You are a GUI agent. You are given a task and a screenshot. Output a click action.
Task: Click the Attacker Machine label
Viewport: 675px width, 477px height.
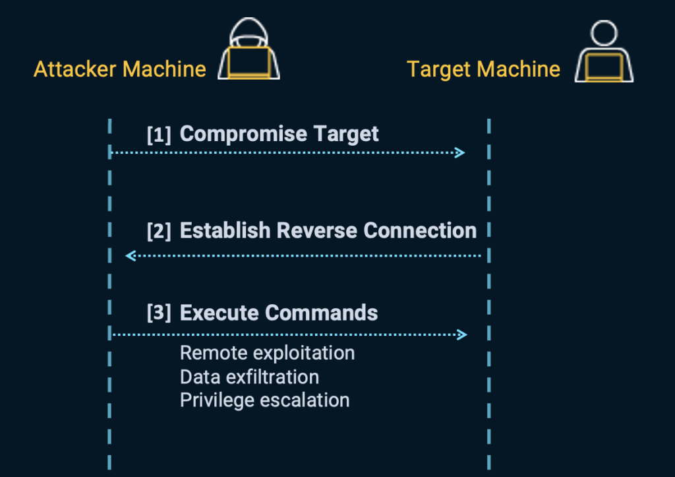[x=119, y=69]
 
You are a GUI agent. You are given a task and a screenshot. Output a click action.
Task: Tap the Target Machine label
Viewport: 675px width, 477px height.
[x=483, y=69]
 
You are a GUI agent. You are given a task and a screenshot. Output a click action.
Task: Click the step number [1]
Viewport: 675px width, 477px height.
[x=159, y=135]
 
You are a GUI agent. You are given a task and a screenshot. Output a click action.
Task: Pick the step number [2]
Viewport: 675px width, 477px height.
[x=159, y=231]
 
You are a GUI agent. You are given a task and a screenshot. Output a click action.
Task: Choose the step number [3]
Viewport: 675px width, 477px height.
[x=159, y=313]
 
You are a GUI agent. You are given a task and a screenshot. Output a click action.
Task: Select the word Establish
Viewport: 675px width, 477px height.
[x=225, y=230]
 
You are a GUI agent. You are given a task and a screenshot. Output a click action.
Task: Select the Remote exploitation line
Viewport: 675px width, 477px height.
[x=267, y=353]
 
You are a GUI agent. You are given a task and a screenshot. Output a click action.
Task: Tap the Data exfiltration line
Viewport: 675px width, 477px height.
[x=249, y=377]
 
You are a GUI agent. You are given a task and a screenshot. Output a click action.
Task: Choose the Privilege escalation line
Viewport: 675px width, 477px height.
[x=264, y=400]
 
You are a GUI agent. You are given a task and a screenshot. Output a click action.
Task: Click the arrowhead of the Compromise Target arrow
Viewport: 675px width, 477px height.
[x=461, y=153]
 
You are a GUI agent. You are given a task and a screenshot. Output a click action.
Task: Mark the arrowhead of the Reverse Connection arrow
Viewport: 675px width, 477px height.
[x=130, y=255]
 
